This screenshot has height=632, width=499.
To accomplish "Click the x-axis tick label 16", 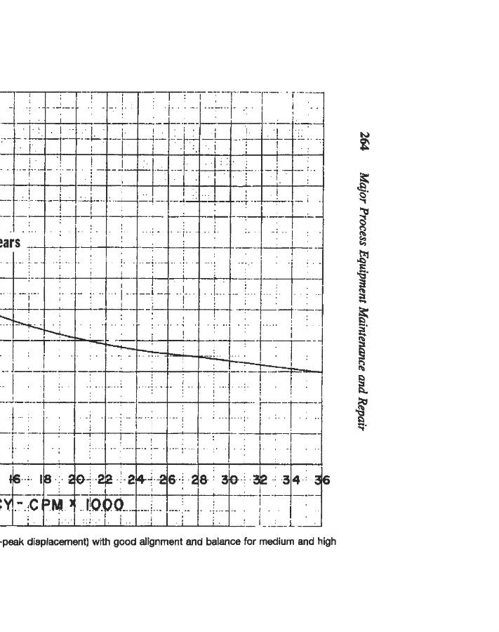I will pos(14,480).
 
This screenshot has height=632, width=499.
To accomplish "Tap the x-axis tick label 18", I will pos(45,480).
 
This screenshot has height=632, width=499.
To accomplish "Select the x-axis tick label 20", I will pos(76,480).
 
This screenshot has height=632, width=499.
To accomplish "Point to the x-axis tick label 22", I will pos(105,480).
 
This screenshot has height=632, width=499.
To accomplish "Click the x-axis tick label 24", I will pos(136,480).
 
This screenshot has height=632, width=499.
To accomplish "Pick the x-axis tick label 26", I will pos(167,480).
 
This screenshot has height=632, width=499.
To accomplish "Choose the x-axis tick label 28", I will pos(199,480).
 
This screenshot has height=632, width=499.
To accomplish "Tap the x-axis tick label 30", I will pos(229,480).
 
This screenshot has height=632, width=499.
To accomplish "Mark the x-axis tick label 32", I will pos(260,480).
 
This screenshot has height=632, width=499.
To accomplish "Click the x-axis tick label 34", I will pos(291,480).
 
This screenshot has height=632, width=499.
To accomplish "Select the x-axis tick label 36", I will pos(321,480).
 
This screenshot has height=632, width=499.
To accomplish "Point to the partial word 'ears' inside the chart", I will pos(10,243).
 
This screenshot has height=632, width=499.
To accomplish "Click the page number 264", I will pos(364,141).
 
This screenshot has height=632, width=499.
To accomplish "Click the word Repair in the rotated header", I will pos(364,414).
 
